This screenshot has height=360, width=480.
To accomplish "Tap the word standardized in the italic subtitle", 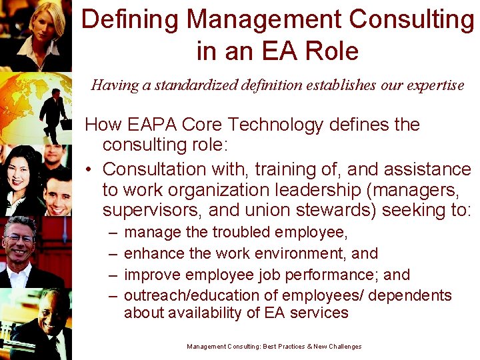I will click(x=175, y=85).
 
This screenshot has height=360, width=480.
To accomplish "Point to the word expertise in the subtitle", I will click(x=433, y=85).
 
